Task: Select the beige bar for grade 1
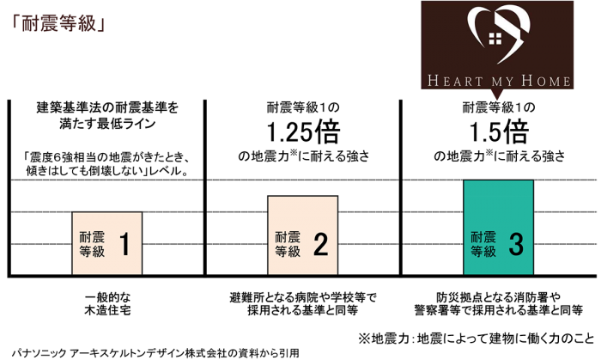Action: click(106, 243)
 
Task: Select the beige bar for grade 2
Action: click(303, 235)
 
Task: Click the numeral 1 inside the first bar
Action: click(124, 245)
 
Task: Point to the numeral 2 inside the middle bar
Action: click(320, 245)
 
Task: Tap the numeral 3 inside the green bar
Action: click(516, 245)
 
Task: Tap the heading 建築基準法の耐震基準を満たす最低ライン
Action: click(106, 116)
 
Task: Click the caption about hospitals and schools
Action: click(303, 302)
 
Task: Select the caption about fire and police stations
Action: click(499, 302)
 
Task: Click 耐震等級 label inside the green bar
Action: click(483, 245)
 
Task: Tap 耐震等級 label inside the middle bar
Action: click(288, 245)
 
